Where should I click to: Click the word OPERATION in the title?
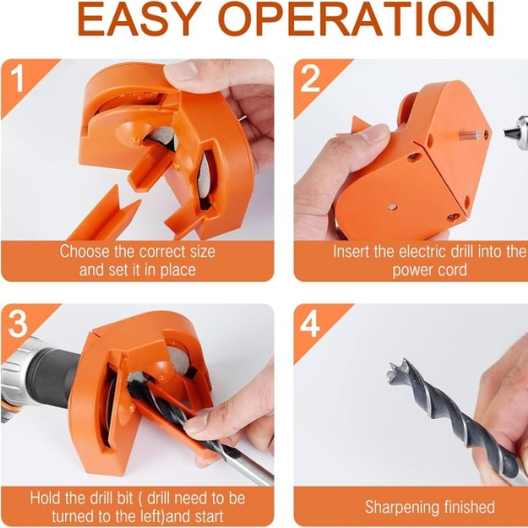tap(358, 18)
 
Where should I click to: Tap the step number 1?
tap(17, 78)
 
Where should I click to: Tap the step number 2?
tap(310, 78)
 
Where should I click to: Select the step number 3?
tap(18, 324)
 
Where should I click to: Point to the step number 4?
tap(310, 324)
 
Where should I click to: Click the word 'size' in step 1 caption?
tap(202, 252)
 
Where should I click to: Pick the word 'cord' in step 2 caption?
tap(452, 270)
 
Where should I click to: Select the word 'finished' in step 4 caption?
tap(469, 507)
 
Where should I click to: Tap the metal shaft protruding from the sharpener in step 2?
tap(470, 135)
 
